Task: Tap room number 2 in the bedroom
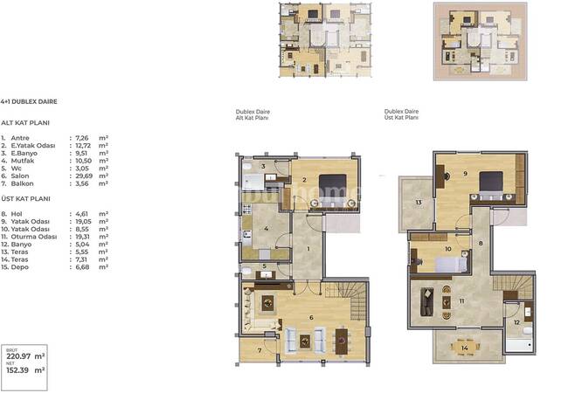(x=303, y=179)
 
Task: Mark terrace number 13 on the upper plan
(x=418, y=203)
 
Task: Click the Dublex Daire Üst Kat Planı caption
(x=401, y=114)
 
